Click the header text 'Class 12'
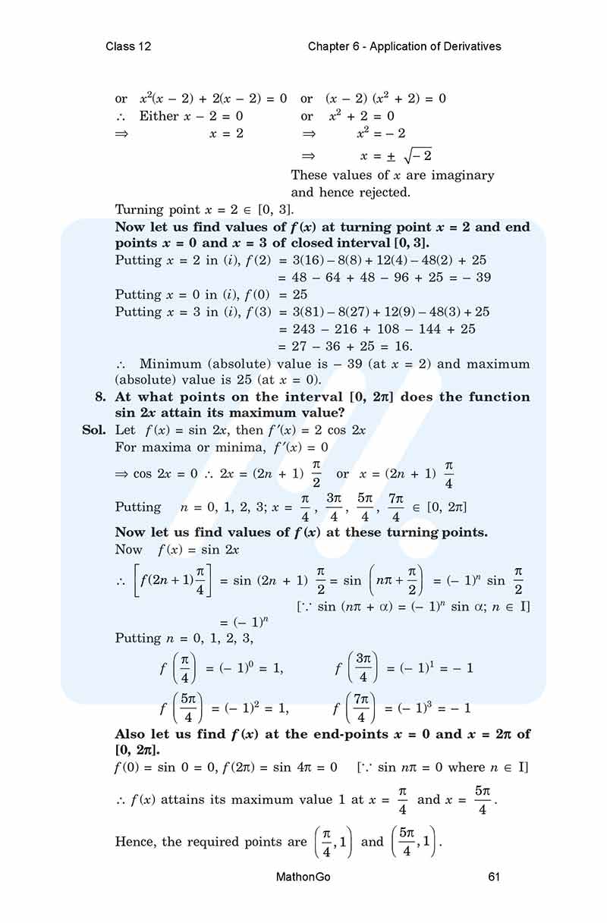[x=128, y=46]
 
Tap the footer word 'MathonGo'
[x=303, y=877]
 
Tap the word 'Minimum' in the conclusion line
[x=177, y=364]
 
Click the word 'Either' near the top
[x=159, y=116]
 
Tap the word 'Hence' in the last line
[x=135, y=842]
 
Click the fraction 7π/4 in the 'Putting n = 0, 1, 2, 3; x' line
[x=395, y=507]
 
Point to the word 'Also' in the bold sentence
[x=131, y=733]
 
